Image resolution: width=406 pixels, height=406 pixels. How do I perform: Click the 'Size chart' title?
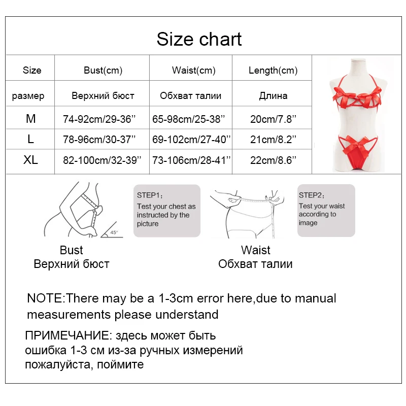point(199,39)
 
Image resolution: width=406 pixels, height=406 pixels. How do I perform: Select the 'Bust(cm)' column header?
point(103,71)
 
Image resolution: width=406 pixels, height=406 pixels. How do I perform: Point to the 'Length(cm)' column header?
point(273,71)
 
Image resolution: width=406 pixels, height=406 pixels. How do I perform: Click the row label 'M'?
point(31,119)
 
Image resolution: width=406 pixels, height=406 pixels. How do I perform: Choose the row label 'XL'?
point(31,160)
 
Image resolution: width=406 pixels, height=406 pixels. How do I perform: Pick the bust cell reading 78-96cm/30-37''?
point(101,140)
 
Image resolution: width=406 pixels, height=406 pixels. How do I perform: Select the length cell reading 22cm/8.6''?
point(273,160)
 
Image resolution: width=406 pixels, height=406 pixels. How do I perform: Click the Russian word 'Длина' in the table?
point(273,95)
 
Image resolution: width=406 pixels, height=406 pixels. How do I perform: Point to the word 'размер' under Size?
point(28,95)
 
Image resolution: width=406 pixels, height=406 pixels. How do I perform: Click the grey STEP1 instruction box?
point(166,211)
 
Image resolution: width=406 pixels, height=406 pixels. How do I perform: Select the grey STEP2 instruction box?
point(326,211)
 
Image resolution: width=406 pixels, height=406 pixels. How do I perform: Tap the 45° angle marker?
point(114,232)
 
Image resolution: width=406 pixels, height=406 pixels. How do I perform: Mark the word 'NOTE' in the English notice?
point(45,298)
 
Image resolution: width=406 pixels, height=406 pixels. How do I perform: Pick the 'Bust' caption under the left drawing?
point(71,250)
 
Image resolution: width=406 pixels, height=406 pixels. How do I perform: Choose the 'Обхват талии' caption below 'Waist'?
point(255,264)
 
